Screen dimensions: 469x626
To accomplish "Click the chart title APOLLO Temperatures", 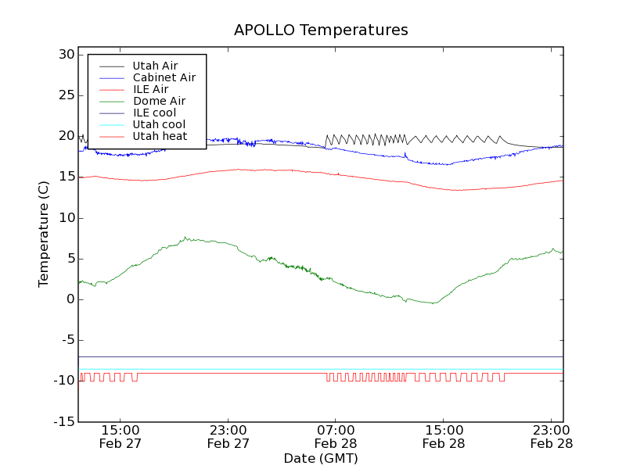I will click(x=321, y=30).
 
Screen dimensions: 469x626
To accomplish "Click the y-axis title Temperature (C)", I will click(x=45, y=234).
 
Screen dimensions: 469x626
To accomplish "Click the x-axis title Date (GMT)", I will click(x=321, y=458).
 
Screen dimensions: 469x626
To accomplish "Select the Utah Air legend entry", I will click(x=154, y=66).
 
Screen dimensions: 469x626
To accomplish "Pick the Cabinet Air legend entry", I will click(x=164, y=77).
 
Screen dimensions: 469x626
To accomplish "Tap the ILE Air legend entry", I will click(x=150, y=89).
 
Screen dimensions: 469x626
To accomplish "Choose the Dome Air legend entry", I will click(x=159, y=101).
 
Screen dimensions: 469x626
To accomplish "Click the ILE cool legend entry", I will click(x=154, y=113).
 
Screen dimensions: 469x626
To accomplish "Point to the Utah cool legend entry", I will click(x=159, y=124).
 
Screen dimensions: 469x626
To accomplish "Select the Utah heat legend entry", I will click(x=160, y=136).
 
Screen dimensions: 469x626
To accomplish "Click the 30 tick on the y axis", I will click(x=66, y=55).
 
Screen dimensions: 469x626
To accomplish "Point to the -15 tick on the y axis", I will click(x=63, y=422).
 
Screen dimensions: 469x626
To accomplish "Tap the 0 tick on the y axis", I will click(x=70, y=299).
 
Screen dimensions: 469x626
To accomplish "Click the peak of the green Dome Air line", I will click(x=185, y=238).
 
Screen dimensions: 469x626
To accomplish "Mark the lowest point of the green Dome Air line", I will click(x=433, y=303).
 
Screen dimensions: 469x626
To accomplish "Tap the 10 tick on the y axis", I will click(x=66, y=218).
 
